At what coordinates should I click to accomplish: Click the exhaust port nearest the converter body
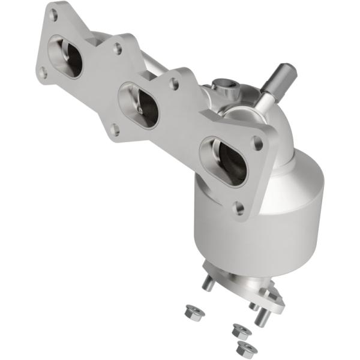223,160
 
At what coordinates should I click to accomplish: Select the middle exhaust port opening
139,106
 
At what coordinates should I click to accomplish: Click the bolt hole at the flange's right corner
257,143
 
